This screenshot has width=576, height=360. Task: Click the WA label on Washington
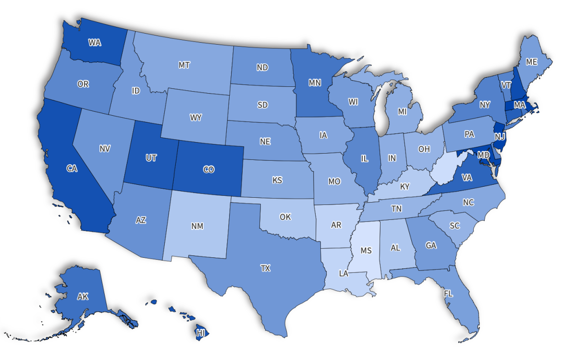[x=95, y=42]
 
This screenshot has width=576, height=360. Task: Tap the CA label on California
[x=72, y=168]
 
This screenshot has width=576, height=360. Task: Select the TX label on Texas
[x=265, y=268]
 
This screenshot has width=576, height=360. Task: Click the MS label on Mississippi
[x=366, y=251]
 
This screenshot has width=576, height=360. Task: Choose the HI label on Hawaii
[x=202, y=332]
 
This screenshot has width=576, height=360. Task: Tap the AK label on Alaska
[x=83, y=297]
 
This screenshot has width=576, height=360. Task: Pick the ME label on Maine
[x=531, y=61]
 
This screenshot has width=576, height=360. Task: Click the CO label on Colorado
[x=208, y=169]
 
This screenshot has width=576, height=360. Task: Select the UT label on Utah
[x=151, y=158]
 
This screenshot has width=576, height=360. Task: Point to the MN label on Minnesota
[x=315, y=83]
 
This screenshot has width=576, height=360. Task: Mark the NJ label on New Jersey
[x=500, y=137]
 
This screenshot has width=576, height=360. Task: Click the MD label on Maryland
[x=483, y=155]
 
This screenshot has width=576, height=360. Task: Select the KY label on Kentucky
[x=404, y=186]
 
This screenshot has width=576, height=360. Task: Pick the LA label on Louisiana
[x=343, y=274]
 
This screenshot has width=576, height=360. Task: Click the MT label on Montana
[x=184, y=65]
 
